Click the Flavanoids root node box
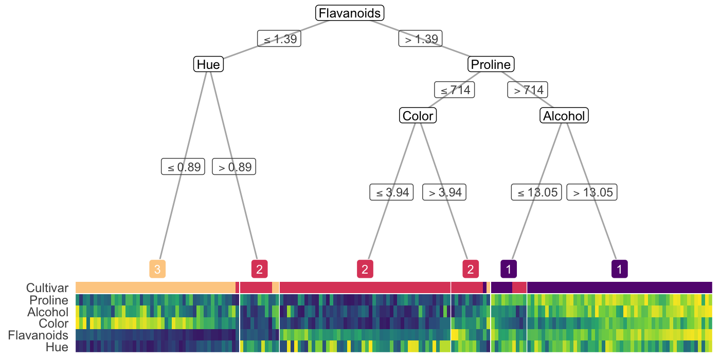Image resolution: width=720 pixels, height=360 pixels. coord(350,13)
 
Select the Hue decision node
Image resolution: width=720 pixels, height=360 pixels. coord(208,65)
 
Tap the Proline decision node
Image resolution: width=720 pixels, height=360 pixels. coord(491,65)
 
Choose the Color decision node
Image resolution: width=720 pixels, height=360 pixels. coord(418,116)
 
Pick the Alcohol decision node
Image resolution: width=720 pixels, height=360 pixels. coord(564,116)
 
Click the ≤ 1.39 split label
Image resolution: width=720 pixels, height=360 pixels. coord(279,39)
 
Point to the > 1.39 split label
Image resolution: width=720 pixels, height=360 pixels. coord(421,39)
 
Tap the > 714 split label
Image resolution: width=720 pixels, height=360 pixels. coord(528,90)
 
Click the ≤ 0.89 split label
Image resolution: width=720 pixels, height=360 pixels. coord(183,167)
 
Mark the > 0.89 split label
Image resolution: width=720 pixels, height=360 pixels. coord(234,167)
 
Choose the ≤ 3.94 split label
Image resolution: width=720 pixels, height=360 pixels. coord(391,192)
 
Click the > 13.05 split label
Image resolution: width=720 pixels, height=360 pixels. coord(592,192)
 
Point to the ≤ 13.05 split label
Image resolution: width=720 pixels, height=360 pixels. coord(536,192)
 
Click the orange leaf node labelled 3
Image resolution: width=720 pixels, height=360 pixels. coord(157,268)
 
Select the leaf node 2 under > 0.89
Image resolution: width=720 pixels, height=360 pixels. coord(259,268)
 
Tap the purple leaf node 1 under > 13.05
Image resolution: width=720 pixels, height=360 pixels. coord(619,268)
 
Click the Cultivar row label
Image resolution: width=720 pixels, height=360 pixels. coord(47,288)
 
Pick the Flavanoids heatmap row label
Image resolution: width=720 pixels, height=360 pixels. coord(38,335)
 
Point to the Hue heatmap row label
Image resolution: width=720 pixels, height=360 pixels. coord(57,347)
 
